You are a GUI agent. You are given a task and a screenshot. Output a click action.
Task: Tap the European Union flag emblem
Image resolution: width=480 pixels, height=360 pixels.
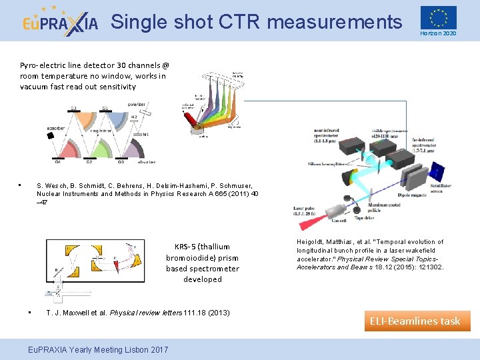click(438, 17)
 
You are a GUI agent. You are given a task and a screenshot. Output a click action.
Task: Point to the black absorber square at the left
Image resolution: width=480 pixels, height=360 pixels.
click(51, 135)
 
